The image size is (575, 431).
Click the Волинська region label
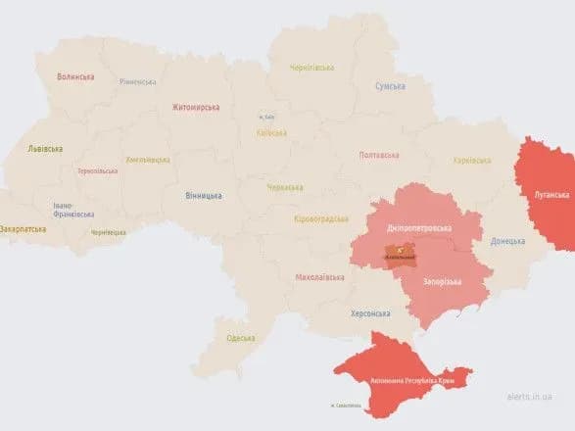(x=75, y=76)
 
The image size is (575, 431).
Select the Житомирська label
(x=196, y=107)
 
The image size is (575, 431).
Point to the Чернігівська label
(x=311, y=68)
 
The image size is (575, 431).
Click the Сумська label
(x=390, y=86)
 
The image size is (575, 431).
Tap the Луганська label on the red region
(x=551, y=195)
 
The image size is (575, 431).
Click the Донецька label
(x=507, y=240)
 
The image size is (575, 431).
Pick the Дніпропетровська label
(x=418, y=227)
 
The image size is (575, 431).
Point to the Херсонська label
(x=370, y=313)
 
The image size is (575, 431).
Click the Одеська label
(x=240, y=338)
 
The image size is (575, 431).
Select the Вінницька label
(x=203, y=195)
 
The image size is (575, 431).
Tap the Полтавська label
(x=379, y=155)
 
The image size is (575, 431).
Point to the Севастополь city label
(x=346, y=406)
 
